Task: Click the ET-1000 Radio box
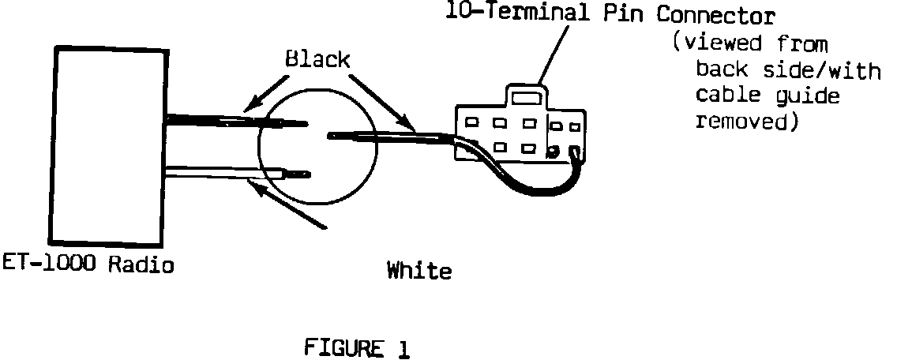coord(107,144)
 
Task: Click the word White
coord(419,272)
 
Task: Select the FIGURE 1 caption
coord(357,347)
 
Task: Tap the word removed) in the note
coord(741,122)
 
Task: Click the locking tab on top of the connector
coord(526,96)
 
